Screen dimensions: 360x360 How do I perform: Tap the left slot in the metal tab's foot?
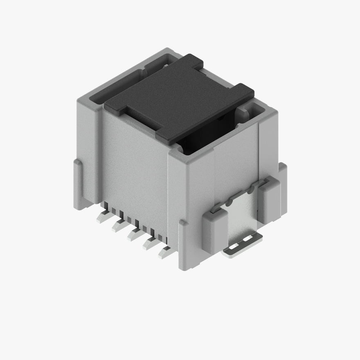[x=232, y=247]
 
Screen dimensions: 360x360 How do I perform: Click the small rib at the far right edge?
[x=283, y=184]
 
